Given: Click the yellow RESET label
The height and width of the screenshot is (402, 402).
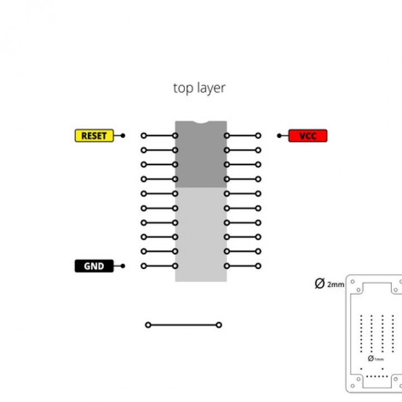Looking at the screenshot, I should [x=94, y=136].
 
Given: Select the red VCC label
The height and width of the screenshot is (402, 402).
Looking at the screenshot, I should [x=307, y=136].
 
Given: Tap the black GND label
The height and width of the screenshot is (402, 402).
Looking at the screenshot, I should [x=94, y=266].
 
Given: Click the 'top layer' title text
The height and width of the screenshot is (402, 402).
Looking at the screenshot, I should [x=199, y=88].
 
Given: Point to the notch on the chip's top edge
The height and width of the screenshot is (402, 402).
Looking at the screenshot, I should [x=201, y=122].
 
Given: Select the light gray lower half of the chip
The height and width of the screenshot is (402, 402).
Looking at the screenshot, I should [x=201, y=234].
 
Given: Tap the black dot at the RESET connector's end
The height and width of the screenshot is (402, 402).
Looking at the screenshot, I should [x=123, y=136].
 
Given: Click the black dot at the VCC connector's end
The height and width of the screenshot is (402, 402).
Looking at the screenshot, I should [x=279, y=136].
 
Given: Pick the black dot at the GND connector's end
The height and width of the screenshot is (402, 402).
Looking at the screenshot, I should [x=123, y=266].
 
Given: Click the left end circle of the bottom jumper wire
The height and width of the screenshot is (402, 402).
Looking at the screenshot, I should [x=148, y=325].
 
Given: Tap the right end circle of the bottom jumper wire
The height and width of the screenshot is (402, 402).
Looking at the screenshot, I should [x=219, y=325].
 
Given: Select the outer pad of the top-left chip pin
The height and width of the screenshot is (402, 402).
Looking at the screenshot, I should [x=143, y=136].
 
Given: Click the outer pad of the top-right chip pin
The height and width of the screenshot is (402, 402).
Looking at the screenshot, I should [x=258, y=136].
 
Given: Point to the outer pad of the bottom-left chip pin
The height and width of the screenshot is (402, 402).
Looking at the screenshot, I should [x=143, y=266].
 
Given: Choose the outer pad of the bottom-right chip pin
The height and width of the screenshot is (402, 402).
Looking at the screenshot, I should [x=258, y=266].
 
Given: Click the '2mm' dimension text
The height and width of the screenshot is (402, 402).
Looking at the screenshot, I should [x=336, y=285].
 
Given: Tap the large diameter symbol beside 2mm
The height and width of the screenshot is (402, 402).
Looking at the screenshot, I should [x=319, y=284].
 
